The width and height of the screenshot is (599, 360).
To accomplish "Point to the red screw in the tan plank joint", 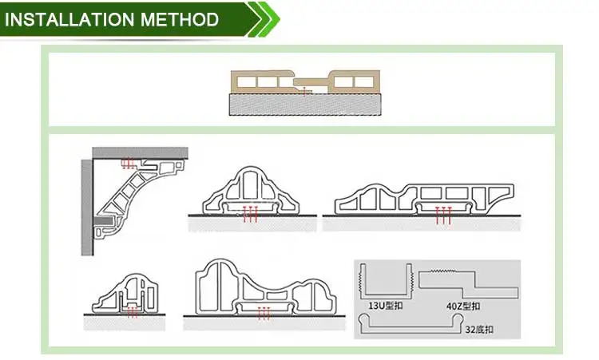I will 306,89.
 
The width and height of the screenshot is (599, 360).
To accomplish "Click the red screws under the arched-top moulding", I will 251,214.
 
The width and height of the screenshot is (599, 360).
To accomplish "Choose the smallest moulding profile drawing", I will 129,291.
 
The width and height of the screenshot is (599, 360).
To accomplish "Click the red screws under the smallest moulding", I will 133,311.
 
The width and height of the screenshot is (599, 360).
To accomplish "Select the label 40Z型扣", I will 463,305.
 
